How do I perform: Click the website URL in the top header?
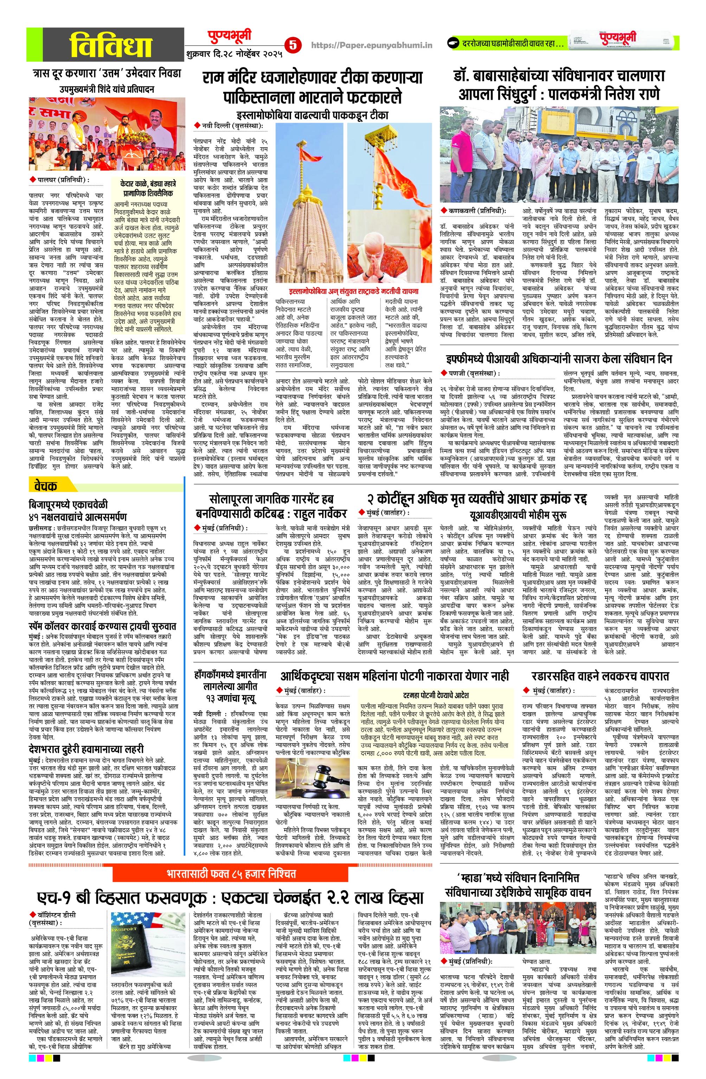pos(372,45)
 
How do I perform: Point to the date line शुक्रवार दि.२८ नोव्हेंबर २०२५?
pos(234,53)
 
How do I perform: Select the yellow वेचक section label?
pos(45,486)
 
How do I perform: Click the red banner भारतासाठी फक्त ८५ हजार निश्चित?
pos(231,873)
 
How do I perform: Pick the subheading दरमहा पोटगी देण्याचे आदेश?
pos(436,695)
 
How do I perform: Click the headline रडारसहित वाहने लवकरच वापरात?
pos(600,676)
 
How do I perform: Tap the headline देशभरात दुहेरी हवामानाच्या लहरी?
pos(86,748)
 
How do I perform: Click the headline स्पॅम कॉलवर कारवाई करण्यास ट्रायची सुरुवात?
pos(102,626)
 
